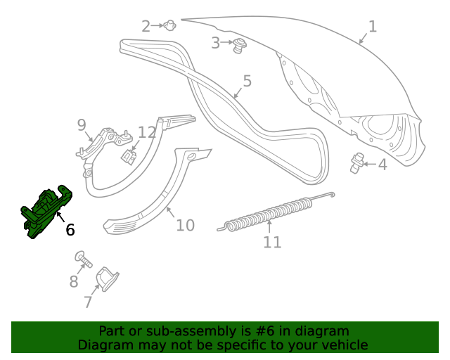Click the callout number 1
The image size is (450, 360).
(373, 27)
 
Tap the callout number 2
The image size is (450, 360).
(146, 27)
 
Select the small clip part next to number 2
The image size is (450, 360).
(169, 26)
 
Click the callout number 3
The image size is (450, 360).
(216, 43)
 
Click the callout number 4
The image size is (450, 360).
(382, 165)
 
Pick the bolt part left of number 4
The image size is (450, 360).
(356, 162)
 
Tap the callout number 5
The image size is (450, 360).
(247, 82)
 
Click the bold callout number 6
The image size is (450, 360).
(70, 229)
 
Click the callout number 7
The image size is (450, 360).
(88, 302)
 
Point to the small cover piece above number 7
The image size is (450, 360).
(107, 278)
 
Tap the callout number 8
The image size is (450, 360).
(74, 282)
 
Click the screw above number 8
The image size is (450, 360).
(84, 260)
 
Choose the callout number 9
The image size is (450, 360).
(82, 125)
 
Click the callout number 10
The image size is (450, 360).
(185, 226)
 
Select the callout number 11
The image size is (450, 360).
(272, 243)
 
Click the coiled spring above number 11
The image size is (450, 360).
(271, 213)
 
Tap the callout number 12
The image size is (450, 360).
(147, 132)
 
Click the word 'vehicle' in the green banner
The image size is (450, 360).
(342, 345)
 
